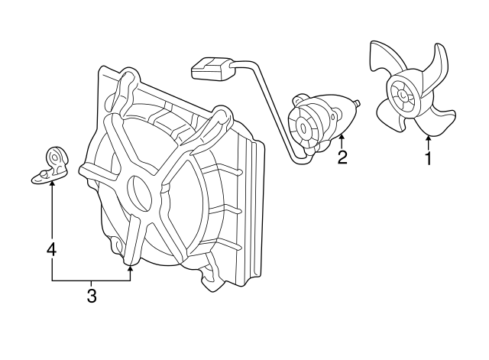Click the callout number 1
coord(429,158)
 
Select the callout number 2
coord(342,157)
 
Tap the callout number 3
coord(92,296)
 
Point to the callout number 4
coord(52,249)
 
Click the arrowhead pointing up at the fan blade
coord(429,138)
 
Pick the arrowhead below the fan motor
coord(342,136)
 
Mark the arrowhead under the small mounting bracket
coord(52,183)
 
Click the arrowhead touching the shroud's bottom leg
coord(130,268)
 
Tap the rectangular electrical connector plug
coord(212,69)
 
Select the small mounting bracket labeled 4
coord(51,166)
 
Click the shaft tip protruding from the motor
coord(358,102)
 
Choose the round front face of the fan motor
coord(303,128)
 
